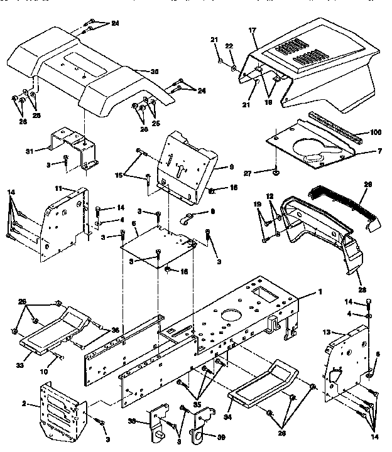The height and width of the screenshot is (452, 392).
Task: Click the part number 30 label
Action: tap(154, 71)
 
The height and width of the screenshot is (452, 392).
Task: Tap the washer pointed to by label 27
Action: tap(276, 169)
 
